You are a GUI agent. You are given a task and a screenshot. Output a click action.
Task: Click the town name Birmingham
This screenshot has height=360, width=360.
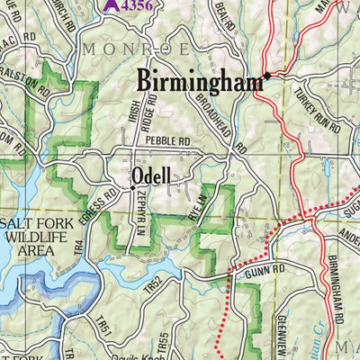tap(200, 81)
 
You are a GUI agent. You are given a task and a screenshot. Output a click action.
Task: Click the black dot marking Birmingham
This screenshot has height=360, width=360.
tap(266, 76)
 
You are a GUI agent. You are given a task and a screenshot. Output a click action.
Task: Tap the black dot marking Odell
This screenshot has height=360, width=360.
tap(133, 187)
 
